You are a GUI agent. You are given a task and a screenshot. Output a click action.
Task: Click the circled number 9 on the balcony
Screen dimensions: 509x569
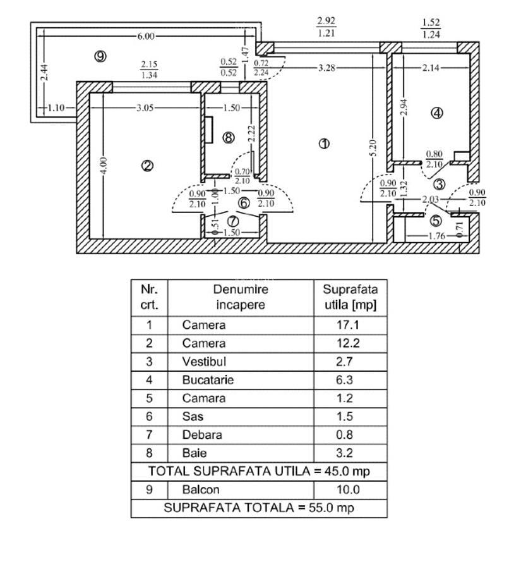tap(100, 56)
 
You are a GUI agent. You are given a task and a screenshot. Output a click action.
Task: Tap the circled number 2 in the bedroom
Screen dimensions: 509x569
tap(147, 166)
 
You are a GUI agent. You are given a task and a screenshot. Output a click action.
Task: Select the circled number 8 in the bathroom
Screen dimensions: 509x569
tap(229, 138)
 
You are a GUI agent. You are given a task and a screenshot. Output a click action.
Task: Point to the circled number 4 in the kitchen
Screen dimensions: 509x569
tap(437, 113)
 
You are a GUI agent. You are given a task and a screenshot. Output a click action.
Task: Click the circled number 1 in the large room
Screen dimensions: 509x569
tap(324, 144)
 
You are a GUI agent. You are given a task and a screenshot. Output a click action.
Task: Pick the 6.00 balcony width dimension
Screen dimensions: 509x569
tap(146, 36)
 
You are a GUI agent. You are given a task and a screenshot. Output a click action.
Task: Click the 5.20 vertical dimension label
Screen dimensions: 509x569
tap(373, 148)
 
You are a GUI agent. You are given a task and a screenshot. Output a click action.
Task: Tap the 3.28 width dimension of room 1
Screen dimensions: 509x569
tap(326, 68)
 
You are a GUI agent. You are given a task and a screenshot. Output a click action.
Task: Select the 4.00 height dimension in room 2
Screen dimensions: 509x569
tap(104, 166)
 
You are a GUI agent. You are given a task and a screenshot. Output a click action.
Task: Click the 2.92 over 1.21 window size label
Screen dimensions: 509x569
tap(326, 27)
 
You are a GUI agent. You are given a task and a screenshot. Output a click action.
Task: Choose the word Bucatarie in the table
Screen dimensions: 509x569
tap(208, 380)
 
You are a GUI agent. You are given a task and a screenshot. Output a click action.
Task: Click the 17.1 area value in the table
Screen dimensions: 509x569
tap(348, 325)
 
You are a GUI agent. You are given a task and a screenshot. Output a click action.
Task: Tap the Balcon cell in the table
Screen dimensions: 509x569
tap(200, 489)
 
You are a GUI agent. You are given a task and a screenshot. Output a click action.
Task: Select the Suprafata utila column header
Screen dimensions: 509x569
tap(350, 297)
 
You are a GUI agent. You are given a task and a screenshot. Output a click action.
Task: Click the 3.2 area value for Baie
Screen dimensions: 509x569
tap(344, 453)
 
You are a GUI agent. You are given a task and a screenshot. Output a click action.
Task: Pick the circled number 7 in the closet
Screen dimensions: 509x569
tap(232, 221)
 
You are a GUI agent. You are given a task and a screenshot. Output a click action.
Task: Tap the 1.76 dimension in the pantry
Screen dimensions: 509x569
tap(436, 236)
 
